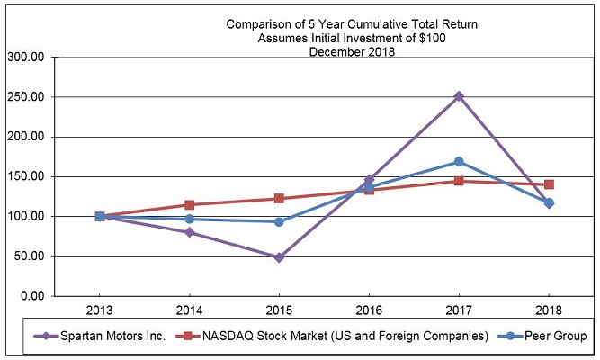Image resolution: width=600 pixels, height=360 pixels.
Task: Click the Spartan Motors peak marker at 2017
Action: [x=459, y=95]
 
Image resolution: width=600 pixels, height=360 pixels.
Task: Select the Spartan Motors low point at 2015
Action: [x=279, y=257]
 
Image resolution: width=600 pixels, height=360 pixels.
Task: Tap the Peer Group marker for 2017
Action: [x=459, y=162]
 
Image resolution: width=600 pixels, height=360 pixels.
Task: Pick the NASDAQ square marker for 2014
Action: [x=189, y=204]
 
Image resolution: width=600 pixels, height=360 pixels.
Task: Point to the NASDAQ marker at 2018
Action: [x=549, y=184]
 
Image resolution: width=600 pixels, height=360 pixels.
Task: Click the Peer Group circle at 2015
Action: [x=279, y=221]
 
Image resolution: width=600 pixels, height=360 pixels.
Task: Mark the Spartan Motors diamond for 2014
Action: [x=189, y=232]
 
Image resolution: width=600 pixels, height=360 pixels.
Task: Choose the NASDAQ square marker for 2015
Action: [x=279, y=198]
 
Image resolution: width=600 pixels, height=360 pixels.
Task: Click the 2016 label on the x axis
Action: [x=369, y=310]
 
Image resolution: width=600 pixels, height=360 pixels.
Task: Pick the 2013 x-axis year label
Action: [x=99, y=310]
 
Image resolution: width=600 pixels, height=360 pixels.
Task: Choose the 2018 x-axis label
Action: [x=549, y=310]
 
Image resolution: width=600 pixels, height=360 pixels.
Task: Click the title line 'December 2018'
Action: [x=352, y=51]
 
